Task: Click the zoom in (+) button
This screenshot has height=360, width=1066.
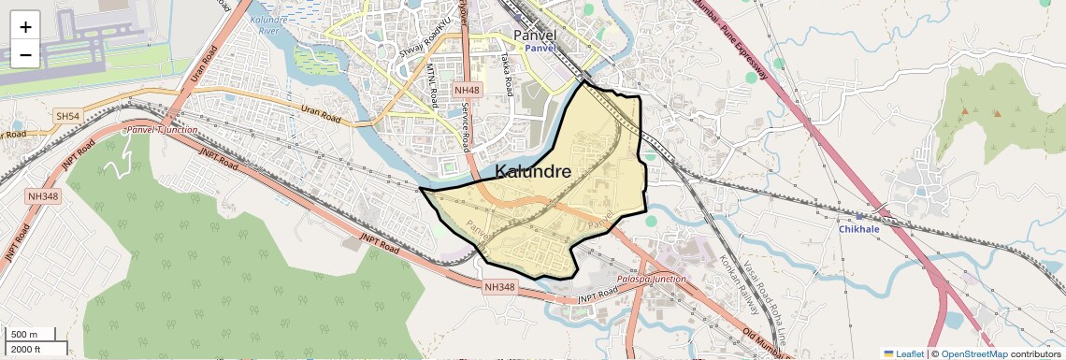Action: point(25,26)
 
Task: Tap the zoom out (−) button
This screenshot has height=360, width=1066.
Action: point(25,54)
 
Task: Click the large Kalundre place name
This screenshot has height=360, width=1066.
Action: point(533,171)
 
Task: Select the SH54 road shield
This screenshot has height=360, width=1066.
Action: point(67,116)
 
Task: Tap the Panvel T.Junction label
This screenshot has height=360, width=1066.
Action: point(162,130)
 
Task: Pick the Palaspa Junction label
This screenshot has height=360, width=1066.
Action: point(652,279)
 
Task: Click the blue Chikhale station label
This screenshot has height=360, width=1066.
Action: point(859,229)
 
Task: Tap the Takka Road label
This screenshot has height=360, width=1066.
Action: point(506,75)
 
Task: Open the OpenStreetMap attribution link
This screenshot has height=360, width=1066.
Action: point(974,353)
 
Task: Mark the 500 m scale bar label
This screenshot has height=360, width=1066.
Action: point(24,335)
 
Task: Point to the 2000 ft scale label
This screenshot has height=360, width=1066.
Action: point(26,350)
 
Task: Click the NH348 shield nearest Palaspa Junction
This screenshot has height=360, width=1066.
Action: point(501,287)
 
